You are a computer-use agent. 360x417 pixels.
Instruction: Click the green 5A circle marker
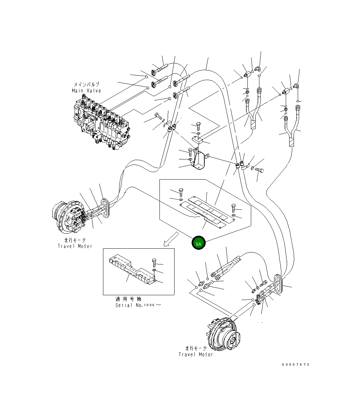point(198,243)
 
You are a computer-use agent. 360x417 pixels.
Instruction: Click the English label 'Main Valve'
point(86,91)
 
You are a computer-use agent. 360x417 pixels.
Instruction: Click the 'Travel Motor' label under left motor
point(75,246)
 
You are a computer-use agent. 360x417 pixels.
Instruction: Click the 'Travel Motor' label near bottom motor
point(196,354)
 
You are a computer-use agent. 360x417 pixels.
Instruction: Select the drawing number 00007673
point(296,365)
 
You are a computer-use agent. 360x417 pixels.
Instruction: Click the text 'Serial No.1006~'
point(138,305)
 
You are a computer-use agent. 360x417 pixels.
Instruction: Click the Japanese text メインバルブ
point(86,84)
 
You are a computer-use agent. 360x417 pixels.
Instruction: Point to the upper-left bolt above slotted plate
point(181,192)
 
